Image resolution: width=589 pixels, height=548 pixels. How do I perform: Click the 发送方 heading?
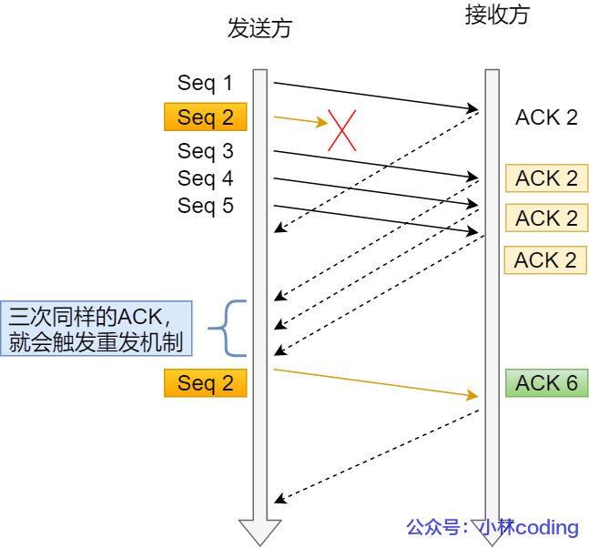(x=259, y=28)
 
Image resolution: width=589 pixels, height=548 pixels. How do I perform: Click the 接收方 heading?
(x=496, y=15)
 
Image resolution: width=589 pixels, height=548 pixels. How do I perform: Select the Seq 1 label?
(x=205, y=83)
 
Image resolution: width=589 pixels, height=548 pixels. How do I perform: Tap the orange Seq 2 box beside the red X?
(x=205, y=117)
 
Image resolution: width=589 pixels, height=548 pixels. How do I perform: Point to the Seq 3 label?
(x=205, y=151)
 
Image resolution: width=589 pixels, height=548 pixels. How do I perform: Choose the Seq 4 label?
(x=205, y=178)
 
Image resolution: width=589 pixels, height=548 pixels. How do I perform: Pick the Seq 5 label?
(x=205, y=206)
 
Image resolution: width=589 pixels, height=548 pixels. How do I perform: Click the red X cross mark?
(x=341, y=130)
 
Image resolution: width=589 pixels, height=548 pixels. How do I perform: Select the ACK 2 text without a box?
(x=546, y=117)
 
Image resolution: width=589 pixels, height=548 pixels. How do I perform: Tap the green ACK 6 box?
(x=546, y=383)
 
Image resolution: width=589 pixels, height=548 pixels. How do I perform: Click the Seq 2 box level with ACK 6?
(x=205, y=383)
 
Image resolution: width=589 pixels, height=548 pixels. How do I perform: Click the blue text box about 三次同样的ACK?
(x=96, y=329)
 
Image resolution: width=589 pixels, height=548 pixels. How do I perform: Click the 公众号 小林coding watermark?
(x=492, y=527)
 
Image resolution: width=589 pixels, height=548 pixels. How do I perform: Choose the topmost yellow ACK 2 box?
(x=546, y=178)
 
